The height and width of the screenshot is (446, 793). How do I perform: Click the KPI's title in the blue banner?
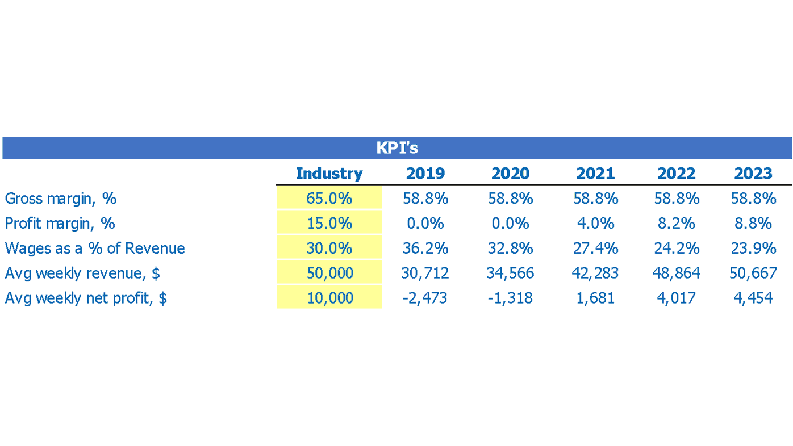point(396,148)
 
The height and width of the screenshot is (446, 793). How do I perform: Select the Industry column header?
point(329,173)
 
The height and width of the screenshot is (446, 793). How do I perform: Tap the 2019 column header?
point(425,173)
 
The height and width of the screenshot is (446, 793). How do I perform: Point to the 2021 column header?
point(595,173)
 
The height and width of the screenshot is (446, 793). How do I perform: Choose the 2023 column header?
point(753,173)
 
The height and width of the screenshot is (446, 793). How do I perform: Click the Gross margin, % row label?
point(61,199)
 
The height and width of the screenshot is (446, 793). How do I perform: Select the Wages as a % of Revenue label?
point(95,249)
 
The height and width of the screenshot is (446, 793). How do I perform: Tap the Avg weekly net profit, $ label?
point(86,298)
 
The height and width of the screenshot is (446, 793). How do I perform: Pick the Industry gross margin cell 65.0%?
point(329,199)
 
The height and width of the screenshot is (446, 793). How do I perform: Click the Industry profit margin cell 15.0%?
point(329,224)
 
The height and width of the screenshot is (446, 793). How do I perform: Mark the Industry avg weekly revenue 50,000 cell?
point(329,273)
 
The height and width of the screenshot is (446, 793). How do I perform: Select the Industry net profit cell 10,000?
point(329,298)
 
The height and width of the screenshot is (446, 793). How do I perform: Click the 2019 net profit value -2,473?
point(425,298)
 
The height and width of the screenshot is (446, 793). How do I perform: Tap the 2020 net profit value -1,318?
point(510,298)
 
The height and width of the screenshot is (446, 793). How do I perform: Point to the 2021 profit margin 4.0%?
point(595,224)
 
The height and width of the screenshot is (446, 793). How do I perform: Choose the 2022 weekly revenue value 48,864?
point(676,273)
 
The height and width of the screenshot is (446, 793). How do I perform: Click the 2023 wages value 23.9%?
point(753,249)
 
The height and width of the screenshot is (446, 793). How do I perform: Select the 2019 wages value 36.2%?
point(425,249)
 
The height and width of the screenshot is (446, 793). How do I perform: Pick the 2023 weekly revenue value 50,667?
point(753,273)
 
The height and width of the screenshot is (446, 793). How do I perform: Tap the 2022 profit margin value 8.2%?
point(676,224)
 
